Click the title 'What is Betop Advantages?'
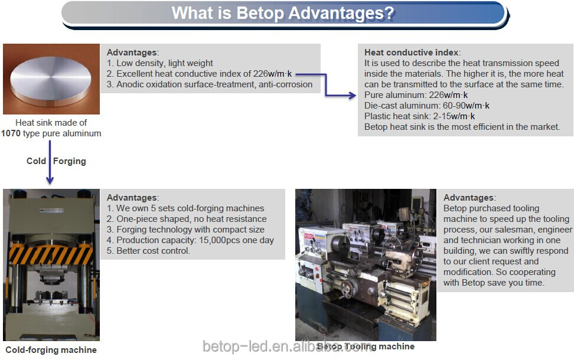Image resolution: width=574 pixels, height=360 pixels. tap(283, 13)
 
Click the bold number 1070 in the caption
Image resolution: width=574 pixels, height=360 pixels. tap(11, 133)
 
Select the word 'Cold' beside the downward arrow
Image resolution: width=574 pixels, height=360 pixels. tap(36, 161)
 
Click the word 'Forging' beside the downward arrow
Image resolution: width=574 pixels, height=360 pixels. tap(70, 161)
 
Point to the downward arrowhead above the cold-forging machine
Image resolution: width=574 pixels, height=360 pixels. tap(50, 180)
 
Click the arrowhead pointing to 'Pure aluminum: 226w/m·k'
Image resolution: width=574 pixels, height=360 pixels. tap(352, 96)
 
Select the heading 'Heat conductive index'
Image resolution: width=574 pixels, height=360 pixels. tap(412, 53)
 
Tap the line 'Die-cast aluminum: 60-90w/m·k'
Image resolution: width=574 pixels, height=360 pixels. tap(427, 106)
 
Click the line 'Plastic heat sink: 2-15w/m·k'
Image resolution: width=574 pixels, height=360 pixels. tap(419, 116)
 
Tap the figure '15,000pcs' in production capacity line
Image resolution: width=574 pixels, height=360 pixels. tap(220, 240)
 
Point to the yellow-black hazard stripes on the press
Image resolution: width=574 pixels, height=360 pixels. tap(51, 254)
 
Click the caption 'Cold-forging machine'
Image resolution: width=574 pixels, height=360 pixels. tap(51, 350)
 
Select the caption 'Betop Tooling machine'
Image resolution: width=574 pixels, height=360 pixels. tap(366, 346)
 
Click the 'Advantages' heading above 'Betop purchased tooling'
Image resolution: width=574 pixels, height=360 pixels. tap(468, 198)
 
